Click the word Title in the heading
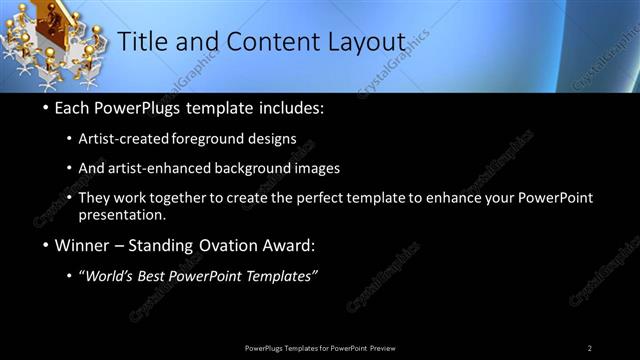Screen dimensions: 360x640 point(142,42)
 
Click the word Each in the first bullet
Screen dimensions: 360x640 point(75,108)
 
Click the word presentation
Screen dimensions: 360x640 point(121,215)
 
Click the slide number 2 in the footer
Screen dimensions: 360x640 point(589,348)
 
